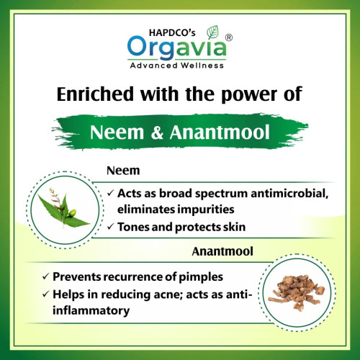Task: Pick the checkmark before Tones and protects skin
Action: point(109,226)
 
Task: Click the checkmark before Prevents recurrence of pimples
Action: point(46,277)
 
